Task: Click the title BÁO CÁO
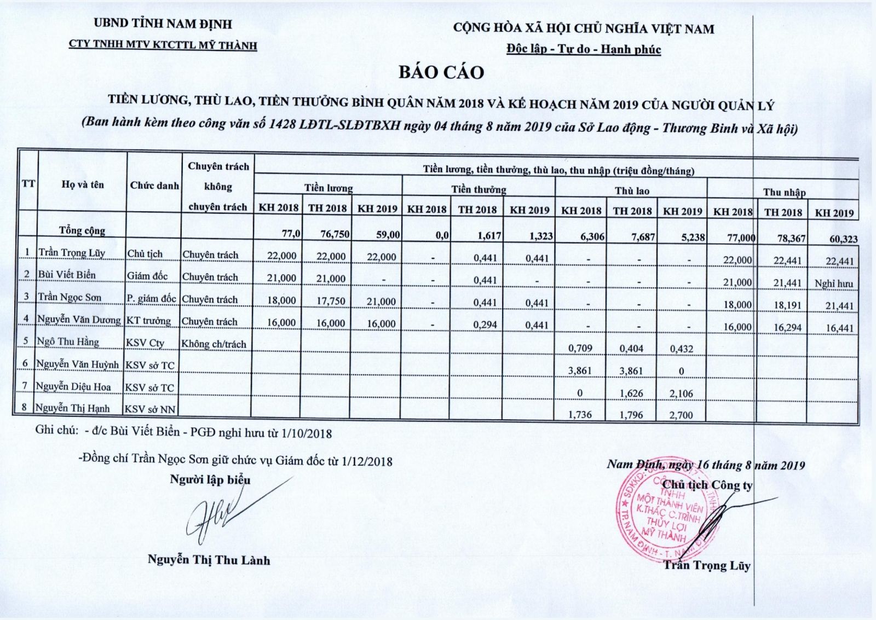[x=441, y=73]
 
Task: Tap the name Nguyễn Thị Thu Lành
[x=209, y=560]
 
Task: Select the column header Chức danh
[x=154, y=186]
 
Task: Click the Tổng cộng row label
[x=82, y=230]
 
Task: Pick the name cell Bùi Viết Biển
[x=67, y=275]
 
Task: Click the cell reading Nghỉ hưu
[x=833, y=283]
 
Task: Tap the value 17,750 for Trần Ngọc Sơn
[x=331, y=301]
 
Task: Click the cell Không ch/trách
[x=214, y=344]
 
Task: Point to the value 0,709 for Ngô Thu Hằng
[x=580, y=348]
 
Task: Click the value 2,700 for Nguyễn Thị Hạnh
[x=681, y=415]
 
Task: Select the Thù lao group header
[x=631, y=191]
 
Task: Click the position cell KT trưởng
[x=148, y=321]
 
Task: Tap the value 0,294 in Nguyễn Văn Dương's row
[x=485, y=325]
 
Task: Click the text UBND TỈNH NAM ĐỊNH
[x=163, y=24]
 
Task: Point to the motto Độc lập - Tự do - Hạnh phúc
[x=583, y=49]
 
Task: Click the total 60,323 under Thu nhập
[x=835, y=239]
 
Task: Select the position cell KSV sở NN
[x=149, y=409]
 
